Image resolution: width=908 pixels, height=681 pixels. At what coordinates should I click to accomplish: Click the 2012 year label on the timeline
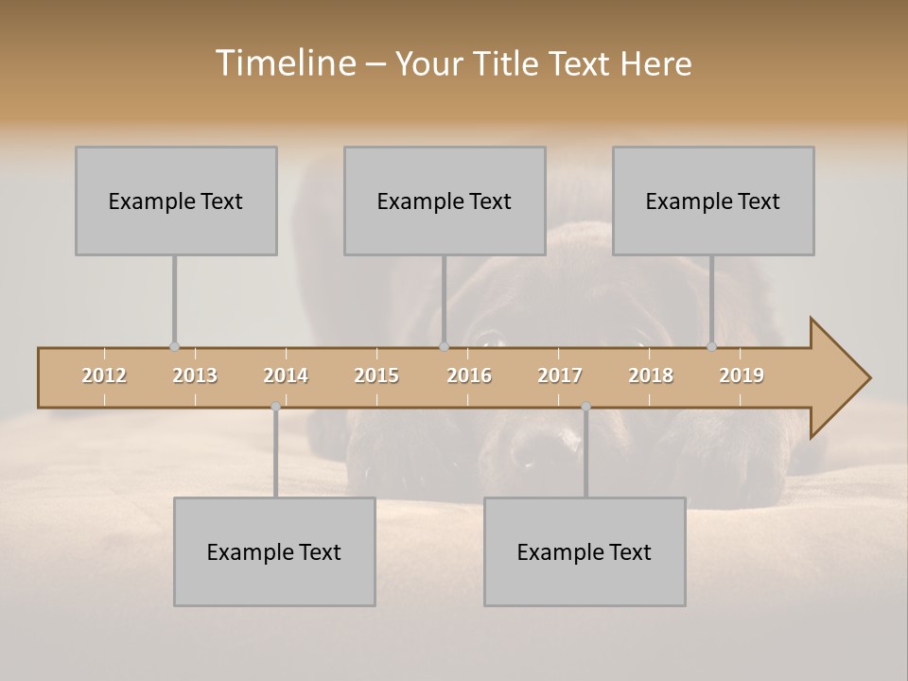[104, 375]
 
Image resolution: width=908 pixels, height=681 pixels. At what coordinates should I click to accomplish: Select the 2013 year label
[195, 375]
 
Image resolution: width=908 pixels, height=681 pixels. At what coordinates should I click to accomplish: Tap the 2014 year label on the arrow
[286, 375]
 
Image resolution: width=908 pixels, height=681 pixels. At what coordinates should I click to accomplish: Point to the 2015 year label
[376, 375]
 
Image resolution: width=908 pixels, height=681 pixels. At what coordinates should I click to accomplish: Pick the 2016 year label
[469, 375]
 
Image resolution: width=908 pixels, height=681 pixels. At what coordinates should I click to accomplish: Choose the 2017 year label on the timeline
[560, 375]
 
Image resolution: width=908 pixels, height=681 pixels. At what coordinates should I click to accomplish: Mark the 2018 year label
[651, 375]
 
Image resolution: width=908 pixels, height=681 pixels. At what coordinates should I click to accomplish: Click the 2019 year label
[742, 375]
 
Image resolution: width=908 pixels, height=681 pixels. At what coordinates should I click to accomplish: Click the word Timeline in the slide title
[284, 63]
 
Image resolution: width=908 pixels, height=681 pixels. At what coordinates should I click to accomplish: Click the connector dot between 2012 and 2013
[174, 347]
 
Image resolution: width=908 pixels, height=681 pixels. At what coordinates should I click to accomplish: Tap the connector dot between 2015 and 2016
[444, 347]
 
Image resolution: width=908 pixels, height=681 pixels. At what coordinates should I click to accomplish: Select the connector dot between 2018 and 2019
[711, 347]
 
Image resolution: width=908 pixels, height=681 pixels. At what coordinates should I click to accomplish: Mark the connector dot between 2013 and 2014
[275, 407]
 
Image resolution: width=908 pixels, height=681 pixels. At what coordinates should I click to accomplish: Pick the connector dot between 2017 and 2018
[585, 407]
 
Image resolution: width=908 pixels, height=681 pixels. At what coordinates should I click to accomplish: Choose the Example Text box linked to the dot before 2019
[713, 201]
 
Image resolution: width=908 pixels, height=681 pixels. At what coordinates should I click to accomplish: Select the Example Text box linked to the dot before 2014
[274, 551]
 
